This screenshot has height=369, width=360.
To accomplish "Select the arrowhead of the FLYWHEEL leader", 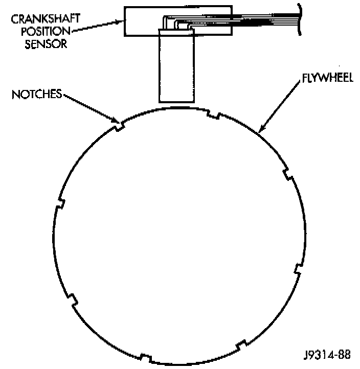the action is [x=260, y=131].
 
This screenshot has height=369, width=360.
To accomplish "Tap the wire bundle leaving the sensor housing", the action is [x=256, y=20].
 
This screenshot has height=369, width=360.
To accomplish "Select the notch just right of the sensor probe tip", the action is [x=214, y=114].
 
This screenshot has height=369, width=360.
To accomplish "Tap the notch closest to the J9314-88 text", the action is [x=241, y=346].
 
